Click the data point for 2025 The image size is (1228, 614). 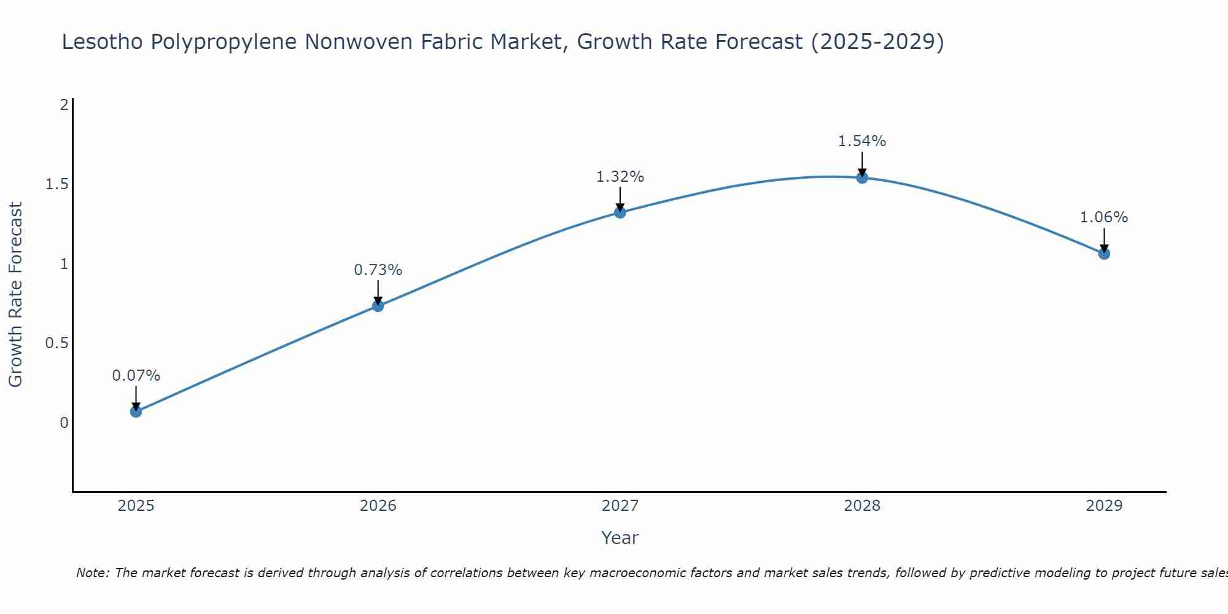[136, 411]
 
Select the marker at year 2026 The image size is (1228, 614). [378, 306]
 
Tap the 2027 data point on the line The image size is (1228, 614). [620, 212]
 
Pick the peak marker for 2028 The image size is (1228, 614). [862, 178]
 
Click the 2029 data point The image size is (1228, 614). [1104, 254]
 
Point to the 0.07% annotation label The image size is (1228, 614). [136, 376]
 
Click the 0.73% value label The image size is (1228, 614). [378, 270]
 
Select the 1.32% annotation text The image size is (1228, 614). [620, 177]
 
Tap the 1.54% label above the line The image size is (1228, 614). [862, 141]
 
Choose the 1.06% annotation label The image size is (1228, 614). [1104, 217]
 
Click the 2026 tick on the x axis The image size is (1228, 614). [378, 506]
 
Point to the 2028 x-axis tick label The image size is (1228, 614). [862, 506]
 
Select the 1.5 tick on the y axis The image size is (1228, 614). [56, 184]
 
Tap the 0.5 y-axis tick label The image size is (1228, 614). [56, 343]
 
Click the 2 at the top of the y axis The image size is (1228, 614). [63, 105]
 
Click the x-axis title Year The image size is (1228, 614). [620, 538]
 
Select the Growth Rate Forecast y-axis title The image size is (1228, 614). [16, 295]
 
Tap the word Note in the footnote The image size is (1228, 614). [92, 573]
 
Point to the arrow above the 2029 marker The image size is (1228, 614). [1104, 240]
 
